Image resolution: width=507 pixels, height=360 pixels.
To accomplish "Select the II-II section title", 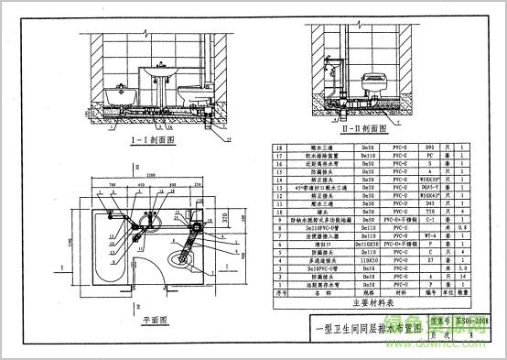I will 365,129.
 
